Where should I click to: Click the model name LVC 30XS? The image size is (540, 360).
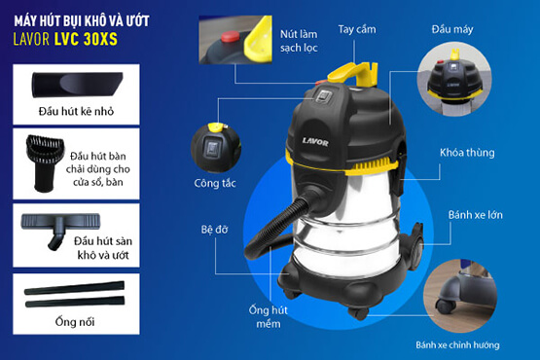tap(86, 39)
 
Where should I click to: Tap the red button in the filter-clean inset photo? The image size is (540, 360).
tap(231, 37)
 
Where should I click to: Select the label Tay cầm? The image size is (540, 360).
tap(357, 30)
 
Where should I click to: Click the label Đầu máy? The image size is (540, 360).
tap(452, 29)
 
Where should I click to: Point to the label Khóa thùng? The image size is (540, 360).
tap(467, 153)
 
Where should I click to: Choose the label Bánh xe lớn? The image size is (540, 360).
tap(475, 215)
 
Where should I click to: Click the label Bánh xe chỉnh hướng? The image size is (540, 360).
tap(457, 344)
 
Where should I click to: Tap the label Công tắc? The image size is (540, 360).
tap(215, 183)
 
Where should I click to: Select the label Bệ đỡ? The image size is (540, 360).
tap(215, 230)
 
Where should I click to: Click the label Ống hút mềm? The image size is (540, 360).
tap(269, 317)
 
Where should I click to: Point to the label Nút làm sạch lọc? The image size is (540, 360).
tap(299, 41)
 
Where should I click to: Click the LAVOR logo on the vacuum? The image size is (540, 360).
tap(315, 141)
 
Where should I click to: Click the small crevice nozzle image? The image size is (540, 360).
tap(77, 85)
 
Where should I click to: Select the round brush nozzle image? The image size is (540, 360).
tap(45, 162)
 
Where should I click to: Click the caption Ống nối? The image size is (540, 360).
tap(75, 322)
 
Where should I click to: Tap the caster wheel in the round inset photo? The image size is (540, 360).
tap(446, 306)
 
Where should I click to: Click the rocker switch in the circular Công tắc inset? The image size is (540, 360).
tap(210, 149)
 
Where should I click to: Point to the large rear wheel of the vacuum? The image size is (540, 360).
tap(415, 247)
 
